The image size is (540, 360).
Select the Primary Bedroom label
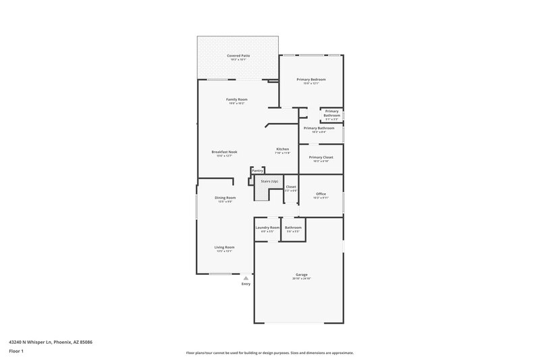tap(311, 79)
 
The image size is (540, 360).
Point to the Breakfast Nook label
tap(224, 152)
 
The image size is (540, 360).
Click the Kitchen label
tap(282, 149)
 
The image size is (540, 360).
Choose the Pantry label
tap(257, 171)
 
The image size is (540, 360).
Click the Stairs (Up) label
tap(270, 182)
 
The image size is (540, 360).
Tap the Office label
tap(321, 194)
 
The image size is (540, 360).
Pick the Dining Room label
tap(225, 197)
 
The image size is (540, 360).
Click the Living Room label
tap(224, 247)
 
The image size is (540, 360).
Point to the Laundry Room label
tap(267, 228)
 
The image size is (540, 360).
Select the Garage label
tap(301, 274)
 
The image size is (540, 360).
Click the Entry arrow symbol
tap(246, 277)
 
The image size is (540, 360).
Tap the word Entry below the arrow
tap(246, 284)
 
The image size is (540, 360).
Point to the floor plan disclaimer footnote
tap(269, 353)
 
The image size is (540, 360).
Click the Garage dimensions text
tap(301, 278)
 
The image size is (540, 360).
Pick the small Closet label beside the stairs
tap(291, 186)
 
